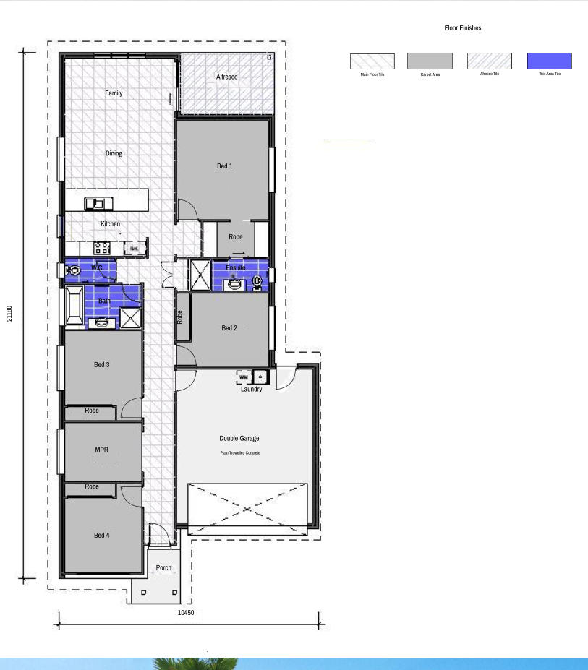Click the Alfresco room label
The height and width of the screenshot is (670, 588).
point(227,77)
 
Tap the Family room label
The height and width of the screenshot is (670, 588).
point(114,93)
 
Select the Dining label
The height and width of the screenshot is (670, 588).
point(114,153)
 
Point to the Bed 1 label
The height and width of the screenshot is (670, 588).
point(225,166)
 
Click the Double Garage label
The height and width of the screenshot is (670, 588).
point(239,439)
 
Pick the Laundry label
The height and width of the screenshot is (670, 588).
point(251,390)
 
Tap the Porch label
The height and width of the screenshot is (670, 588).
point(164,568)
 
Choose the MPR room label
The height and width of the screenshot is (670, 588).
point(102,450)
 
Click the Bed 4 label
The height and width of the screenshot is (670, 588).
point(102,536)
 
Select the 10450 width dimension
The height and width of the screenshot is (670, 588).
point(186,613)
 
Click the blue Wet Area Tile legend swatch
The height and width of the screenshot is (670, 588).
point(550,61)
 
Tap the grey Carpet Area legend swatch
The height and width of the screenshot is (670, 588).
point(430,61)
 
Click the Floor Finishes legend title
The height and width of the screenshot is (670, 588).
point(463,28)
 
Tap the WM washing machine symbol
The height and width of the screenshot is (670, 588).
point(243,377)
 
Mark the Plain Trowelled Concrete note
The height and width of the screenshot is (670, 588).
point(240,453)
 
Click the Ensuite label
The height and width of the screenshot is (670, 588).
point(236,267)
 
